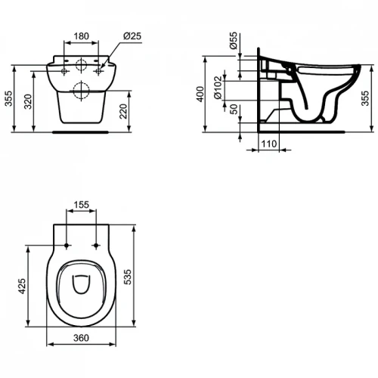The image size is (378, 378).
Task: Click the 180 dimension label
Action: (x=82, y=36)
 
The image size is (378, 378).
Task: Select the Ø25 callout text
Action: (x=132, y=36)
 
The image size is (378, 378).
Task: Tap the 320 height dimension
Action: (x=28, y=101)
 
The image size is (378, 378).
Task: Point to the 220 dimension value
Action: (x=123, y=111)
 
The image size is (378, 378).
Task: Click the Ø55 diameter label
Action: (x=234, y=40)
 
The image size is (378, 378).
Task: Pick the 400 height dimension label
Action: (x=200, y=94)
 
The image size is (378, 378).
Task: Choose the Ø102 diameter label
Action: (x=218, y=88)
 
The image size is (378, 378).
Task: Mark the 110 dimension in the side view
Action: (x=269, y=144)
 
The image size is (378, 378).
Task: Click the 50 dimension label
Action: (x=234, y=109)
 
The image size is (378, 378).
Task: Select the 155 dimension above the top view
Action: (x=81, y=205)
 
